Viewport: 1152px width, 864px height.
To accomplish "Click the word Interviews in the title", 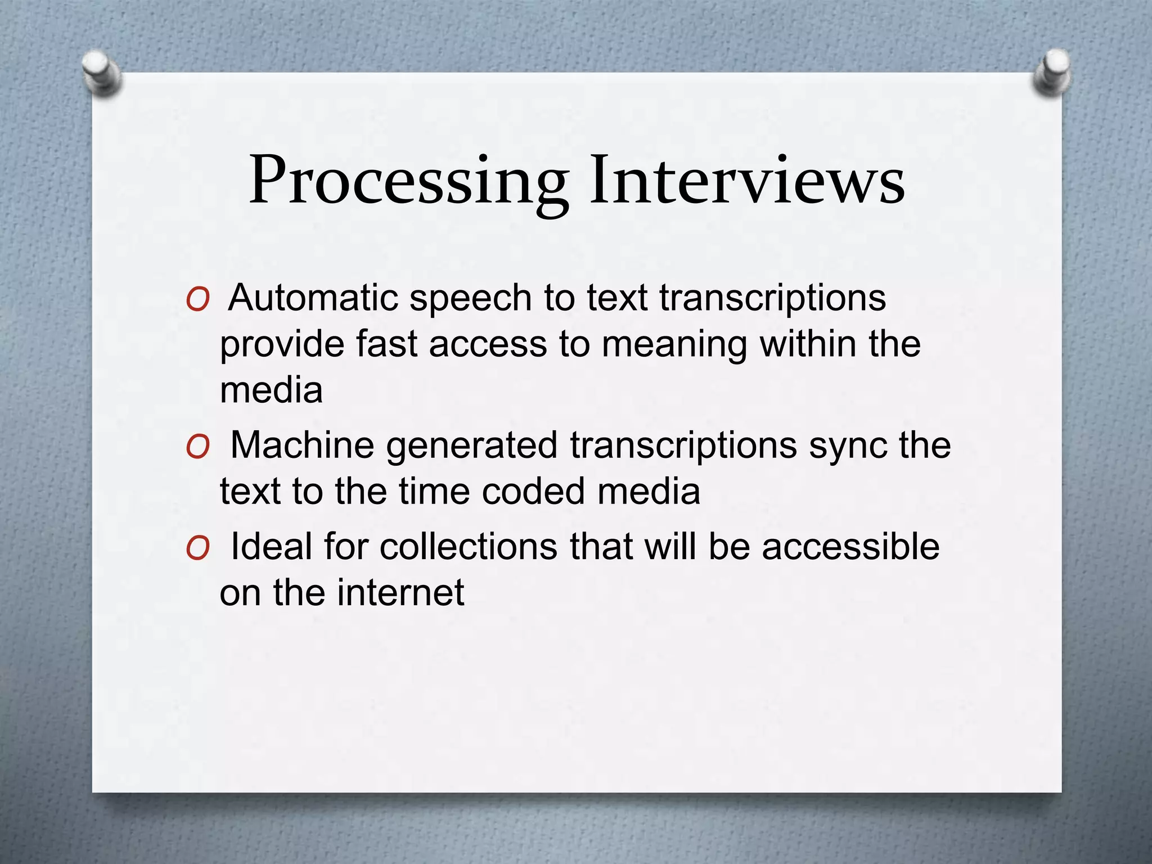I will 747,179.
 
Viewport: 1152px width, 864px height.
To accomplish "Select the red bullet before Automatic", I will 197,300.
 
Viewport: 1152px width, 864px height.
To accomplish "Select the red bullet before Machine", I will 197,448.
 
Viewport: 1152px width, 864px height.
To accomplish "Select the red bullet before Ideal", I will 197,548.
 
